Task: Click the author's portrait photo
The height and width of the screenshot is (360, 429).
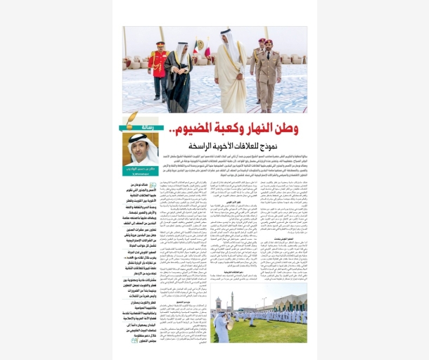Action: click(141, 148)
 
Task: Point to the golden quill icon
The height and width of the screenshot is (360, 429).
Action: click(131, 120)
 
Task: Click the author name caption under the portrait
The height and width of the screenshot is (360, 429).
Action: click(141, 170)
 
